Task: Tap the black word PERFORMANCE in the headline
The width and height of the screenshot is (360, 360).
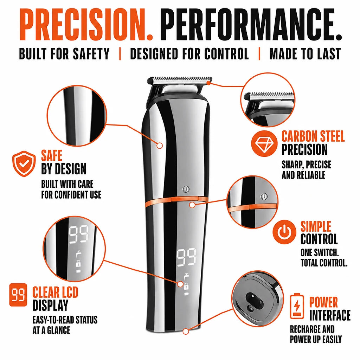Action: pos(251,25)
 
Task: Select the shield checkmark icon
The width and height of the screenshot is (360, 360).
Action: pos(24,164)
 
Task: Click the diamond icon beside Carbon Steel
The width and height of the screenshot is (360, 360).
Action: pos(264,143)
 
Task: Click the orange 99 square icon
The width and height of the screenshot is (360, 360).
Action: pos(18,295)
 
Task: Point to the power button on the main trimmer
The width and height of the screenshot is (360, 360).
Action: pos(186,189)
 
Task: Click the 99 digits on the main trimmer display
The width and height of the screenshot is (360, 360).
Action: pos(186,258)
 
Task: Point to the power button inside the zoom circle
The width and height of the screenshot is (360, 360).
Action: pos(264,196)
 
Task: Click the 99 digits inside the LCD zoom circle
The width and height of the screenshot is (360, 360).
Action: pos(78,235)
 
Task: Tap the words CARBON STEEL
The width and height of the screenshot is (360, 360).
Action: pos(313,136)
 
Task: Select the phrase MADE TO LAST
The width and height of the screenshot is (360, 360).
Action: pos(305,54)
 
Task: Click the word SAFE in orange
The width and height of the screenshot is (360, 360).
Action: pos(52,155)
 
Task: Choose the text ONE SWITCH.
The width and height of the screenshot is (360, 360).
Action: pos(320,252)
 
